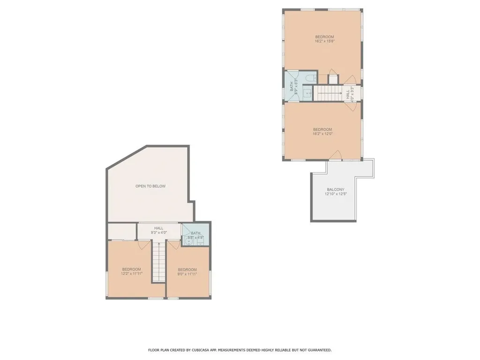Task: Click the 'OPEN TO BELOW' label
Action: [x=150, y=186]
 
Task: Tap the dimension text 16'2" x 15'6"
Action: [x=324, y=41]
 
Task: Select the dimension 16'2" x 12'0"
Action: [x=322, y=134]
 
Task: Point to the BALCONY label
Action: [x=336, y=189]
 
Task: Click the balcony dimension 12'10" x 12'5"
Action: [x=336, y=194]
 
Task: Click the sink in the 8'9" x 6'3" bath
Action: [x=308, y=93]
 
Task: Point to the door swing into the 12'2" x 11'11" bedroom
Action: [x=144, y=245]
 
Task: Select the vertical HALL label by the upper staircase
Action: [x=348, y=94]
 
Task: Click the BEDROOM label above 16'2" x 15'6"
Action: [x=324, y=37]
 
